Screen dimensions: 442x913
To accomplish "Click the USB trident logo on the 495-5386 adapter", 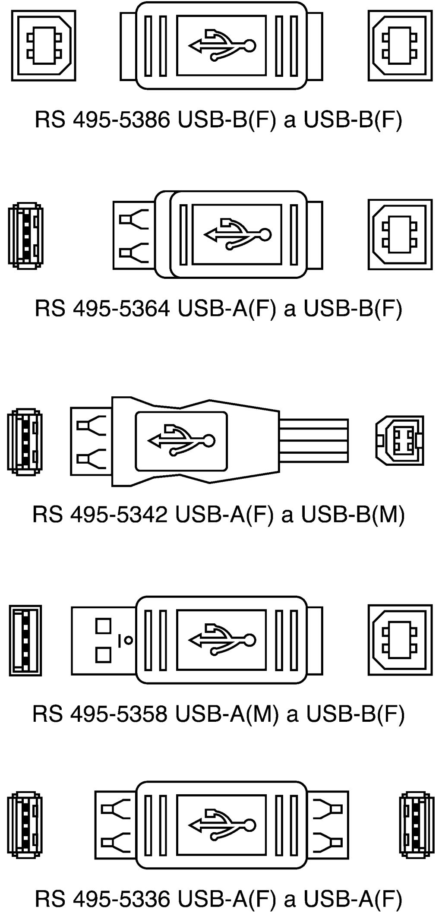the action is [222, 45].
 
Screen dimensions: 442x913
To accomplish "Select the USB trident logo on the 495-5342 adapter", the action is [181, 440].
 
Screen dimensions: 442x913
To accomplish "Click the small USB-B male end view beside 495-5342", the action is [400, 440].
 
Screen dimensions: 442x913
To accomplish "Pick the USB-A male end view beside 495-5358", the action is [25, 640].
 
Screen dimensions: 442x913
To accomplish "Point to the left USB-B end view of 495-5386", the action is [43, 45].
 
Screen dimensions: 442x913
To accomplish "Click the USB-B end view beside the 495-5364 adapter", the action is [400, 234].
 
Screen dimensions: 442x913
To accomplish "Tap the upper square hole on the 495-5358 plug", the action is [104, 626].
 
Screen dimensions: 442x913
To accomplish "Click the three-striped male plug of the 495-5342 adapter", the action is [313, 440].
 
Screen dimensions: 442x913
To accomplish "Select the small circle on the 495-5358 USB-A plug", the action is [128, 641].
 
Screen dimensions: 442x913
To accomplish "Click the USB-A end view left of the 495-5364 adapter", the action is [25, 236].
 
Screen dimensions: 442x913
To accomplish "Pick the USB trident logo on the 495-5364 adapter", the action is [237, 234].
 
